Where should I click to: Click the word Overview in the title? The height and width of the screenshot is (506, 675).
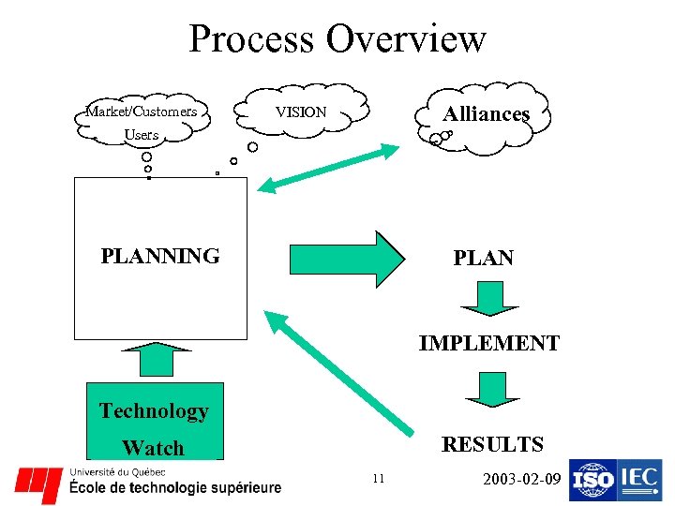tap(407, 40)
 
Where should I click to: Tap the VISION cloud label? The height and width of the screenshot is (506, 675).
tap(301, 112)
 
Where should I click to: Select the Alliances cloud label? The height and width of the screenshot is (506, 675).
tap(487, 113)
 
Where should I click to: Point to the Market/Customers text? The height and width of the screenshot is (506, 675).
tap(142, 112)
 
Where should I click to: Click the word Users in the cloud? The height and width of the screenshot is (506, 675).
tap(142, 135)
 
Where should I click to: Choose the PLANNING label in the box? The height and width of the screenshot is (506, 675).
tap(160, 255)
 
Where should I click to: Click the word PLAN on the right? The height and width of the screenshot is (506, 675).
tap(483, 258)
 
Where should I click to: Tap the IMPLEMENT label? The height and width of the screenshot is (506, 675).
tap(489, 343)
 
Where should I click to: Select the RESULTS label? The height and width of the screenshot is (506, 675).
tap(492, 443)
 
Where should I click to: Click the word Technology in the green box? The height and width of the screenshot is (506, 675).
tap(154, 410)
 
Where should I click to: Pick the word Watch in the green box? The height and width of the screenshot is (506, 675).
tap(153, 447)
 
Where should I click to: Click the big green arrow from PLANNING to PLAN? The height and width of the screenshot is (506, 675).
tap(346, 259)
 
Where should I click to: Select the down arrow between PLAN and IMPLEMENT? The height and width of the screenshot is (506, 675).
tap(488, 298)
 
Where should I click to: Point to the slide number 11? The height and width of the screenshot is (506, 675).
tap(378, 479)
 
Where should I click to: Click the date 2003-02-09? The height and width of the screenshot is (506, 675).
tap(521, 480)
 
